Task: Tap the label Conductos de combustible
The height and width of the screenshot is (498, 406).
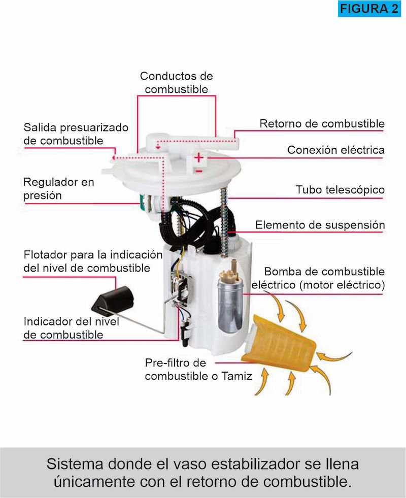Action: click(176, 83)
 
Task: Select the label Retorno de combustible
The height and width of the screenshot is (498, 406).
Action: click(322, 123)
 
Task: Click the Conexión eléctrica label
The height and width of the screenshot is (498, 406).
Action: click(335, 150)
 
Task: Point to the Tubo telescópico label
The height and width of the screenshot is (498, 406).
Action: click(340, 190)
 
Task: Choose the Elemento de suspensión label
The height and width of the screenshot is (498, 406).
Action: click(320, 225)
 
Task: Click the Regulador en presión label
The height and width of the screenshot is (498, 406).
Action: click(59, 188)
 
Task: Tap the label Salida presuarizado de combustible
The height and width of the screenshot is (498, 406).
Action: click(76, 134)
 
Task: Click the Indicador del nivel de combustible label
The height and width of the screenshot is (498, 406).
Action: click(71, 328)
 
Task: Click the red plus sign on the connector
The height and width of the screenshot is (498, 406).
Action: click(199, 158)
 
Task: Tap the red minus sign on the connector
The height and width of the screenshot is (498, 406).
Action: click(199, 171)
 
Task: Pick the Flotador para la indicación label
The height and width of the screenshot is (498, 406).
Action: click(93, 260)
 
